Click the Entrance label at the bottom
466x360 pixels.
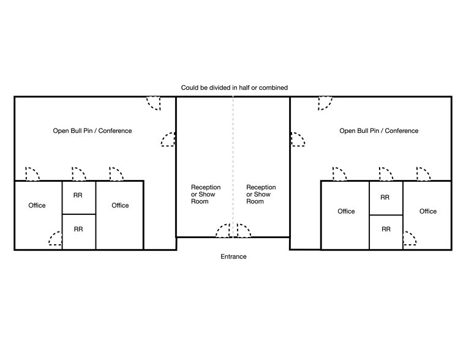tap(233, 257)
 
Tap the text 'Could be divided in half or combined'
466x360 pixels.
tap(234, 88)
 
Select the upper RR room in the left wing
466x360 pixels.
tap(78, 196)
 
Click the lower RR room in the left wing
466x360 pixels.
tap(78, 229)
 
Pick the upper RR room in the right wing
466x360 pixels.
tap(385, 198)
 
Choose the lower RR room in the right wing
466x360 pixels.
tap(385, 229)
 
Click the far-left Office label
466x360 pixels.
tap(37, 205)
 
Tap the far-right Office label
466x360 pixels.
tap(428, 211)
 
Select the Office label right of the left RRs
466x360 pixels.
tap(120, 205)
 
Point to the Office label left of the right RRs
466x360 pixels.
tap(346, 211)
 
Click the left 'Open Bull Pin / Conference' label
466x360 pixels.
tap(92, 130)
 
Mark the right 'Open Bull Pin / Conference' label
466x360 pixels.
tap(379, 130)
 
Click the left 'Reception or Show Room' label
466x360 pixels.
tap(206, 194)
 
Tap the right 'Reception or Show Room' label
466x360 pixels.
tap(261, 194)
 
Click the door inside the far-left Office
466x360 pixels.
tap(55, 239)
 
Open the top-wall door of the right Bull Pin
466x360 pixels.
tap(325, 103)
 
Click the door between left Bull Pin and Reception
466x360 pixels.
tap(168, 140)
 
